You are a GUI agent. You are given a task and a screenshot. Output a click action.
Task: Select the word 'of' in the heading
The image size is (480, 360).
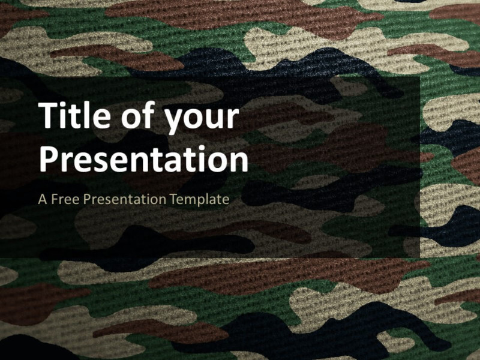(x=137, y=117)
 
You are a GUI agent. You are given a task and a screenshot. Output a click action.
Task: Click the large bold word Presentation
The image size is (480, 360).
(x=143, y=159)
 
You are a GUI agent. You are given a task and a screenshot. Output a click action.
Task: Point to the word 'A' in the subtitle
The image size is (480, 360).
(x=42, y=199)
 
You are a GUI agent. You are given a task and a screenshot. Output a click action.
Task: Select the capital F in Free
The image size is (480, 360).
(x=54, y=199)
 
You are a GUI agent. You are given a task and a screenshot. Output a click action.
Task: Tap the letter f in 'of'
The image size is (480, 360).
(x=148, y=116)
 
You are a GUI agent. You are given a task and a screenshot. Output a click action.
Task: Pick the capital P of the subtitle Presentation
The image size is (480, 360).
(x=86, y=199)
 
